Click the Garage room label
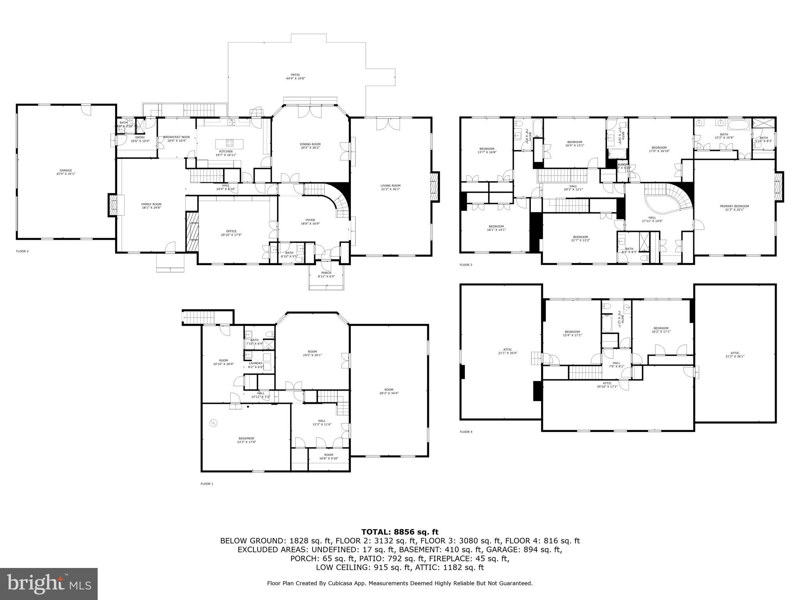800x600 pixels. (x=66, y=172)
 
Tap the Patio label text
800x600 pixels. (x=295, y=77)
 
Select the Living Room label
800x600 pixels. (x=390, y=187)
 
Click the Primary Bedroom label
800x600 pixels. (x=734, y=208)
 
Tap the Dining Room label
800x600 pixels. (x=311, y=146)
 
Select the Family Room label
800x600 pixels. (x=151, y=206)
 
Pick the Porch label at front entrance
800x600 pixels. (x=326, y=274)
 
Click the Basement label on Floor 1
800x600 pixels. (x=246, y=440)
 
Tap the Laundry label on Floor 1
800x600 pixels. (x=256, y=364)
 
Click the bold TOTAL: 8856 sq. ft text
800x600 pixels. (x=400, y=532)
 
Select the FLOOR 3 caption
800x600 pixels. (x=466, y=265)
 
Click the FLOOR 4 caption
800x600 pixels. (x=466, y=432)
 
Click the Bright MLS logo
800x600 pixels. (x=49, y=584)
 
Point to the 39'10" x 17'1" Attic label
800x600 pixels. (x=607, y=385)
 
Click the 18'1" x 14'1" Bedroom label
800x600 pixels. (x=496, y=228)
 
